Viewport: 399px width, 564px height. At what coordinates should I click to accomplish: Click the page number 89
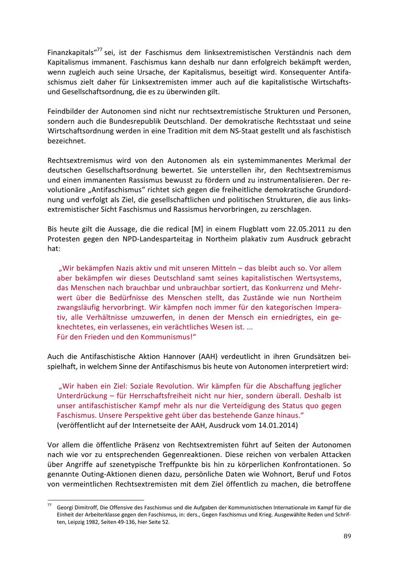pyautogui.click(x=347, y=536)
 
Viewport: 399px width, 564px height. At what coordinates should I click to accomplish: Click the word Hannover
pyautogui.click(x=183, y=356)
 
